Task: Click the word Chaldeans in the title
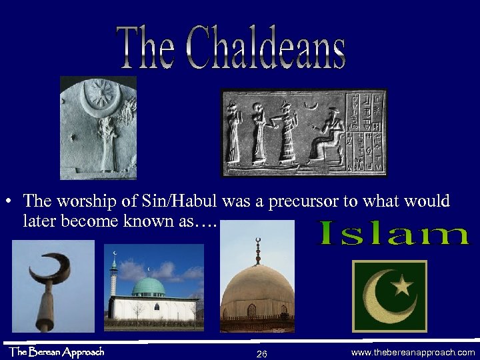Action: pos(267,49)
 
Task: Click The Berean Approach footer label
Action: pos(56,351)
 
